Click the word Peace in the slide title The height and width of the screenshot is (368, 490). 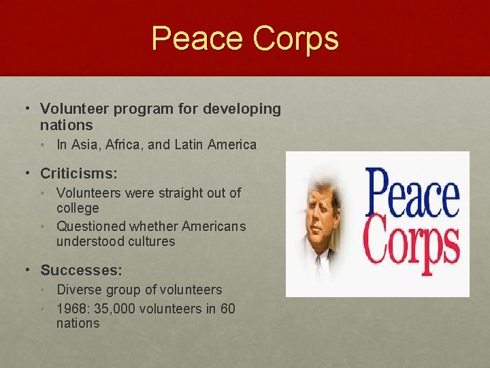coord(197,38)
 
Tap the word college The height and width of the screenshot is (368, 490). coord(78,209)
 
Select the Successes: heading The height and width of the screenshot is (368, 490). coord(82,271)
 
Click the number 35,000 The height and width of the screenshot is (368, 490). coord(118,309)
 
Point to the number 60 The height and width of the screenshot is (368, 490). coord(227,309)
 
